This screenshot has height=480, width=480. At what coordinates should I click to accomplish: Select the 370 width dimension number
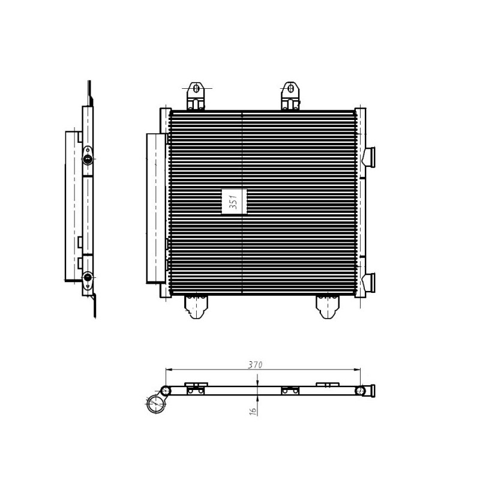click(x=256, y=364)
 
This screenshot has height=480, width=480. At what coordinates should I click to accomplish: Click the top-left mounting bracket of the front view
click(x=195, y=95)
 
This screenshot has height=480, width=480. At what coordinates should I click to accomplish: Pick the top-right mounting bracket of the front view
click(x=290, y=95)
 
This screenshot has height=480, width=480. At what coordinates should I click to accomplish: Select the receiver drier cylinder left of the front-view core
click(x=155, y=208)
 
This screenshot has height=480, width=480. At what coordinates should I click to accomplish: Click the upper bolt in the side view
click(x=88, y=159)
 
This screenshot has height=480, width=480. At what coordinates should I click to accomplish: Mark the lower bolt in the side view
click(x=88, y=277)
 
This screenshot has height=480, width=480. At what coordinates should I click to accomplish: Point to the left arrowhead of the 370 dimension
click(x=169, y=369)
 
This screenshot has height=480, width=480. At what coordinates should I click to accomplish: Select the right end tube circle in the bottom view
click(x=361, y=391)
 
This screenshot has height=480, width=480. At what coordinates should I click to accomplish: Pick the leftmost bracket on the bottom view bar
click(x=195, y=388)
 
